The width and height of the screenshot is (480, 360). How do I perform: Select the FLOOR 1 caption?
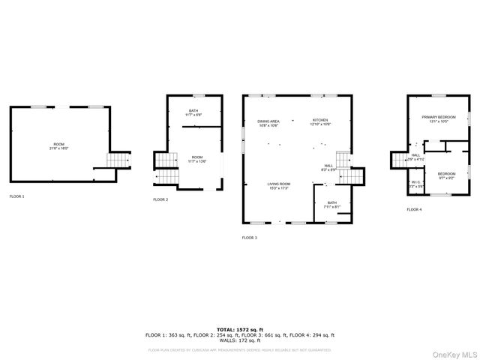click(x=16, y=196)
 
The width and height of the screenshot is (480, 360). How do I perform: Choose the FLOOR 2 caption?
click(x=160, y=199)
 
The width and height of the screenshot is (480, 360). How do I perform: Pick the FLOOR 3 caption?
click(x=249, y=238)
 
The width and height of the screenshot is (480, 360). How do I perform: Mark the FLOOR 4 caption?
click(x=414, y=210)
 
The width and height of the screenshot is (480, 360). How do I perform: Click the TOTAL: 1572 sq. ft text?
click(x=239, y=329)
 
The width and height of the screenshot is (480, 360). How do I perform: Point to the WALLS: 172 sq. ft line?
click(x=239, y=340)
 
